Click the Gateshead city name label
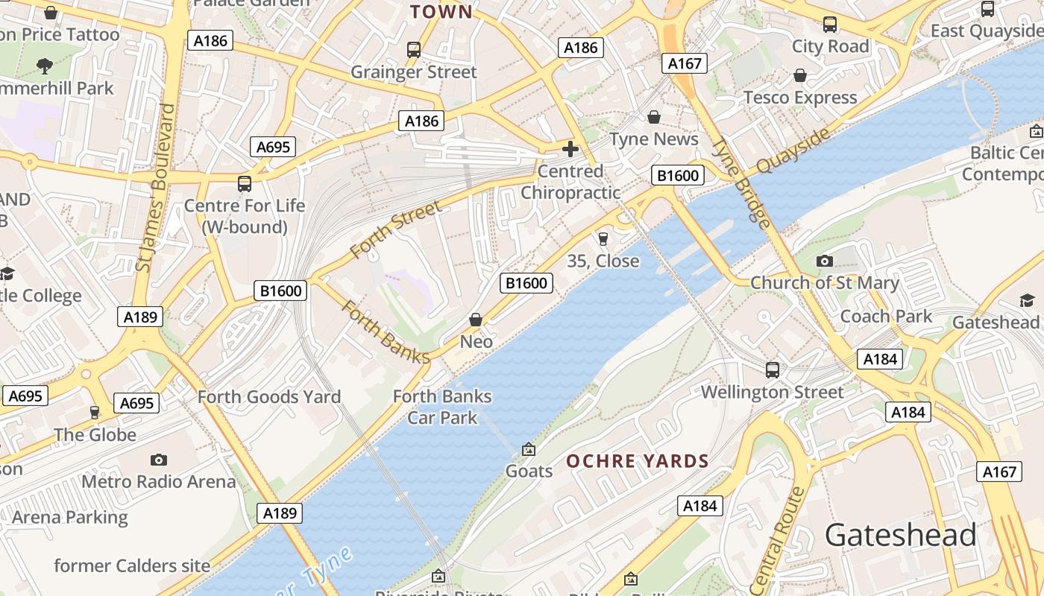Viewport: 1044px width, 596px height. click(900, 535)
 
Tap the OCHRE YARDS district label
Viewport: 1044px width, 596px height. click(638, 461)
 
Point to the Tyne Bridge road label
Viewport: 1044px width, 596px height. click(740, 183)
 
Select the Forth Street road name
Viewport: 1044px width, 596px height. click(395, 228)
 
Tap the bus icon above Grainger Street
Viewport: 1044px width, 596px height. click(414, 50)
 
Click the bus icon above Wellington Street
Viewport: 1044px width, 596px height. click(773, 370)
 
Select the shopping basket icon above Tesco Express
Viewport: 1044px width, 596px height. click(800, 75)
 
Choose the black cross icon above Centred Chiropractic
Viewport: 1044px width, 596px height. click(570, 149)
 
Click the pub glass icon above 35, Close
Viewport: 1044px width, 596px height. click(603, 239)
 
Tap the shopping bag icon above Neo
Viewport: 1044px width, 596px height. click(476, 320)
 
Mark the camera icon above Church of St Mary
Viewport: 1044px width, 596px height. click(824, 261)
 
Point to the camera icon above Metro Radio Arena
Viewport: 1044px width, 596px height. click(158, 460)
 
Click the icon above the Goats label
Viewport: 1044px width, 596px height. click(529, 449)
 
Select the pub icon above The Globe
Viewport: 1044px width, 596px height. click(94, 412)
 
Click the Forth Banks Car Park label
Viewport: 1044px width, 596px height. click(442, 407)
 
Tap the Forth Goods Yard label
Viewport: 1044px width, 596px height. click(268, 397)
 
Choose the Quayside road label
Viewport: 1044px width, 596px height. click(793, 151)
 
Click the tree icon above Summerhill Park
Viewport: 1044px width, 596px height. click(45, 66)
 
